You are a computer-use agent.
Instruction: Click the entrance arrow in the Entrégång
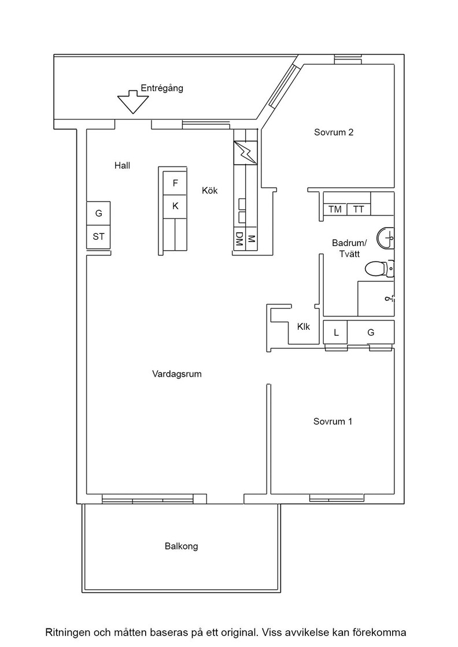click(132, 102)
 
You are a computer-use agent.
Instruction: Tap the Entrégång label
click(162, 88)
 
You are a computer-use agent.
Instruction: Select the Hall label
click(122, 165)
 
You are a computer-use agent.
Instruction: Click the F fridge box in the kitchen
click(175, 183)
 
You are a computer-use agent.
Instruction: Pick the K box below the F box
click(175, 206)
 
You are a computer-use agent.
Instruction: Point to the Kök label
click(209, 190)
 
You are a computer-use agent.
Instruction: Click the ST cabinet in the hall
click(98, 237)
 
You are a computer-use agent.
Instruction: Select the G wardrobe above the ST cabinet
click(98, 213)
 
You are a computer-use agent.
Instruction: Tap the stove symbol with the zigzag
click(245, 153)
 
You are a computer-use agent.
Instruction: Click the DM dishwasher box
click(239, 239)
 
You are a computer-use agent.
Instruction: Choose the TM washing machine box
click(335, 209)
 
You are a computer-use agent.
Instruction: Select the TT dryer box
click(359, 209)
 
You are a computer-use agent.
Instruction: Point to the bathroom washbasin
click(385, 238)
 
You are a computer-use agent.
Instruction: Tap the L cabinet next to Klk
click(336, 332)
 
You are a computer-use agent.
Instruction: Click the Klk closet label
click(304, 327)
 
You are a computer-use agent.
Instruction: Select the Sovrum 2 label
click(334, 132)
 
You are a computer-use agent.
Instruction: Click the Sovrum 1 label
click(333, 421)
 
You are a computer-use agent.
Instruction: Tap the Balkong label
click(182, 546)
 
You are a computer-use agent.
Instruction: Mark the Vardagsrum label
click(177, 374)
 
